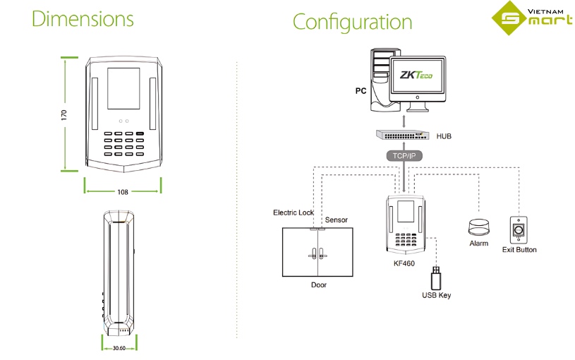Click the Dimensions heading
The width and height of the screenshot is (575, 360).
pos(83,19)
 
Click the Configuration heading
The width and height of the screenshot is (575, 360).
pos(352,22)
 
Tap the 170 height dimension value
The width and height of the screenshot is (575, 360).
pos(63,114)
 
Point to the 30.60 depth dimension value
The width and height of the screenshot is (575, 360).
pos(119,348)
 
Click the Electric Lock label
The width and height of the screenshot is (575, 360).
pos(293,212)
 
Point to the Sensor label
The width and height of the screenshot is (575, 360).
pos(337,220)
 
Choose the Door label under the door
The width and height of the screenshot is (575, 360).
pos(319,285)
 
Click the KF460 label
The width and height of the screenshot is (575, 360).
pos(405,263)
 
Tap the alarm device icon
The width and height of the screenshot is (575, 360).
pos(478,228)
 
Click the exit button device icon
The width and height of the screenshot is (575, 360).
pos(519,229)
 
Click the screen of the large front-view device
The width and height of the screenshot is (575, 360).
pos(123,90)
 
